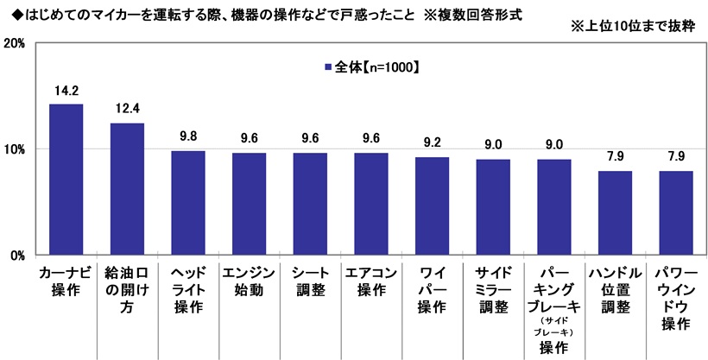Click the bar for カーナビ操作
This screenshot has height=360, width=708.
(x=66, y=180)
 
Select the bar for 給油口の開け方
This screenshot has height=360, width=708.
(x=127, y=189)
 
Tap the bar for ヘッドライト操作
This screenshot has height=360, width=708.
(x=187, y=203)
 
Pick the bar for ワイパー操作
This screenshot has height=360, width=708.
(x=432, y=206)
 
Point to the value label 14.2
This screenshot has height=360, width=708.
(x=66, y=89)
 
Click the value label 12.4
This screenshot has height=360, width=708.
(x=127, y=109)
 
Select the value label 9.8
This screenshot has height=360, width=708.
(x=187, y=136)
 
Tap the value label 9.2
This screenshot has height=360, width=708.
(x=432, y=142)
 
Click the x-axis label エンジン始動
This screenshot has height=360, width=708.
(x=249, y=281)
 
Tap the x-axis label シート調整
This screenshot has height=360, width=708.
(x=309, y=281)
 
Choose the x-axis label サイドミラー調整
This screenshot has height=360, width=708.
(x=493, y=289)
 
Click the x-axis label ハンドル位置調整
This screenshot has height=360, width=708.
(x=615, y=289)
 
